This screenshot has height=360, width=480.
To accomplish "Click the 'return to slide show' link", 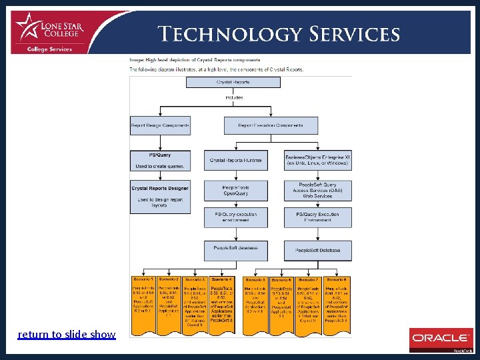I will point(67,334).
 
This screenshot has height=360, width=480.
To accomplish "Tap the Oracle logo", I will point(440,339).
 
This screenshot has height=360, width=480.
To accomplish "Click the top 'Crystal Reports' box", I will point(233,82).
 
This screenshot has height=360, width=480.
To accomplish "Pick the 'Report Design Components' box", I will point(160,125).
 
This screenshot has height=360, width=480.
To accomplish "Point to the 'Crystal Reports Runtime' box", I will point(235,160).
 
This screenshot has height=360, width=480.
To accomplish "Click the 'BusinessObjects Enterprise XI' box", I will point(317,159).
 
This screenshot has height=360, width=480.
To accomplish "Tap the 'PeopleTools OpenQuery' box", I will point(235,191).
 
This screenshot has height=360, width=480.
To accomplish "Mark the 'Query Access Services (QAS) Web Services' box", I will point(317,191).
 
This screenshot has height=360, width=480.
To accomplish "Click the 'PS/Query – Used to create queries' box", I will point(160,160).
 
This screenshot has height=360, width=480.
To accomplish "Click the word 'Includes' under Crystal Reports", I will point(234,97).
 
